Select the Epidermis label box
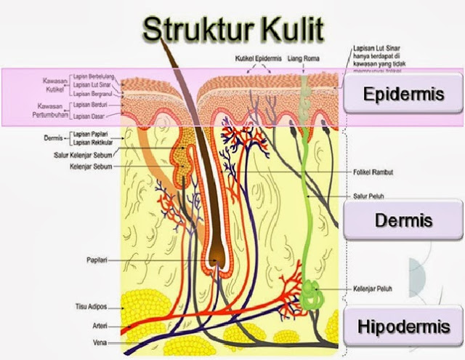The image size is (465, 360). pyautogui.click(x=403, y=95)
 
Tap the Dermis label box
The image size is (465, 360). pyautogui.click(x=403, y=220)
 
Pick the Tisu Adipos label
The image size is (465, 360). pyautogui.click(x=92, y=307)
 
